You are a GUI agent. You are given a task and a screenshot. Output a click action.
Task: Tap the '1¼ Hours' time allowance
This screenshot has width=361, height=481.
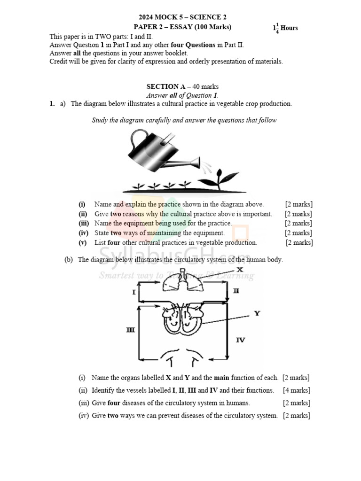point(285,28)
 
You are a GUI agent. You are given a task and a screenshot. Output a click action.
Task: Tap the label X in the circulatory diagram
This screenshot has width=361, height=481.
point(239,270)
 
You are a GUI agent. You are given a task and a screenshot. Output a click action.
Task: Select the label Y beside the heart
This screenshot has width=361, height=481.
point(257,313)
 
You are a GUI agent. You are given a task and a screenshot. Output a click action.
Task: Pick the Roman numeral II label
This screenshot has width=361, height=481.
point(236,291)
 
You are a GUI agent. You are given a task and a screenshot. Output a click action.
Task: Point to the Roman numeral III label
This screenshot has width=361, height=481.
point(130,330)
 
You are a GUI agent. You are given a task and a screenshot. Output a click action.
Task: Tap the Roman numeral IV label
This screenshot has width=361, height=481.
point(240,340)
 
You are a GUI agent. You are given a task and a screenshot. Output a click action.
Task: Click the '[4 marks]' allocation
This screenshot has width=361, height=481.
point(296,390)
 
